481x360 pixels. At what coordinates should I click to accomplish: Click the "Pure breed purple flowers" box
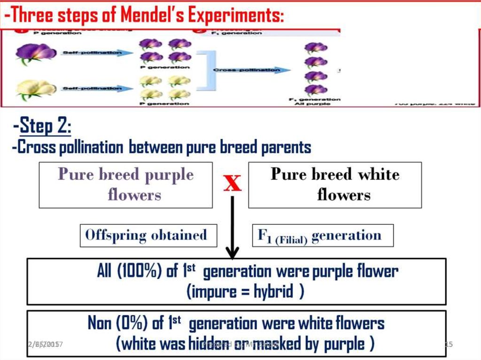[125, 185]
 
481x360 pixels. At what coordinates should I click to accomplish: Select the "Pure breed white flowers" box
[335, 185]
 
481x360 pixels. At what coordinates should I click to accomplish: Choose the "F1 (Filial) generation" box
[323, 235]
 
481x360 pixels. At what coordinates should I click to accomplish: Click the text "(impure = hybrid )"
[245, 292]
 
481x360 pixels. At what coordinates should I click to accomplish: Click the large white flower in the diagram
[35, 89]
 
